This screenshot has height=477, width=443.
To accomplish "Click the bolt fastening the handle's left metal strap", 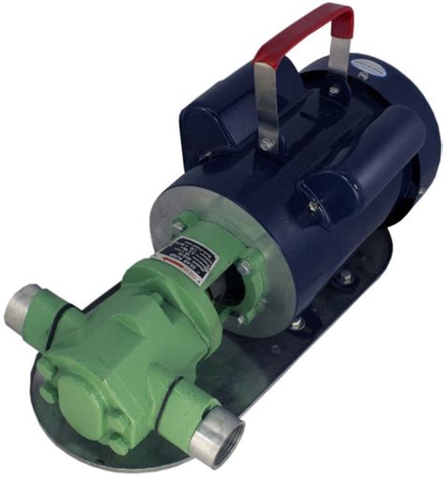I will pyautogui.click(x=268, y=145).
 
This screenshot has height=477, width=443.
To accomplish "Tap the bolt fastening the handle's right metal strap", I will pyautogui.click(x=333, y=91).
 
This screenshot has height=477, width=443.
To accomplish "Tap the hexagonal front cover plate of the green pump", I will pyautogui.click(x=83, y=394).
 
